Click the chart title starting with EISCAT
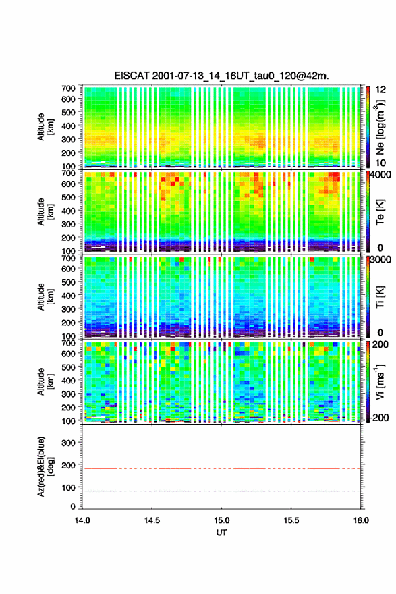click(221, 76)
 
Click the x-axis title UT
click(221, 533)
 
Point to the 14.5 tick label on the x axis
click(152, 520)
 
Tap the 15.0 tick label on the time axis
click(221, 520)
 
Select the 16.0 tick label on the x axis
click(361, 520)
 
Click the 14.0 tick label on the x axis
click(82, 520)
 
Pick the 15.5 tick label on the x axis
click(291, 520)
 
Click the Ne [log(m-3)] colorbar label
click(380, 127)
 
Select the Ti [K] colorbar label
click(380, 296)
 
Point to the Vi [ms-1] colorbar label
click(380, 381)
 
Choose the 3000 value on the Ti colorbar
click(380, 259)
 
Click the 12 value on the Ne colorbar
click(380, 90)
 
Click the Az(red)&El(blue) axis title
click(44, 466)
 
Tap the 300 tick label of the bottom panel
click(69, 443)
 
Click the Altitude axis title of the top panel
click(44, 127)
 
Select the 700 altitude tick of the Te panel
click(69, 173)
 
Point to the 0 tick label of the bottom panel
click(73, 506)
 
